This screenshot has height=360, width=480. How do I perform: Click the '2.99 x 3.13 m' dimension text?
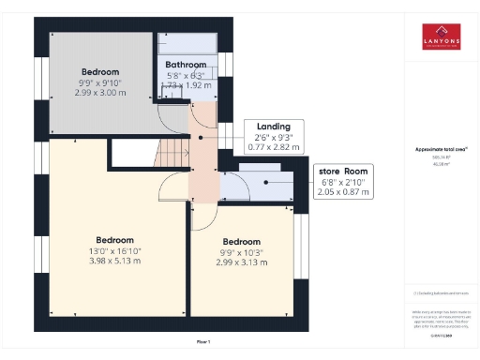pos(241,262)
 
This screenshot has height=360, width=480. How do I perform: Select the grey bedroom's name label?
pos(99,71)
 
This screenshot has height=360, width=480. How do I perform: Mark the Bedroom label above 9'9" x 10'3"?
pos(241,241)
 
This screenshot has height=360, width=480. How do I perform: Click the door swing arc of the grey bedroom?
pos(170,118)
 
